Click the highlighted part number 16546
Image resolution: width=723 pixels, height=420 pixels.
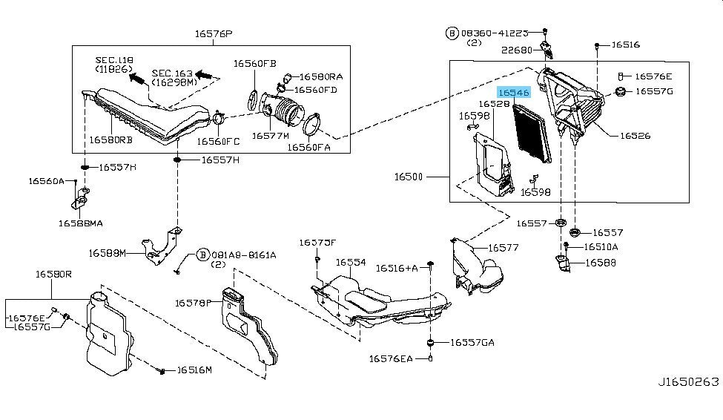(x=514, y=93)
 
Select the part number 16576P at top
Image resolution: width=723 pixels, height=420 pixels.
(x=214, y=33)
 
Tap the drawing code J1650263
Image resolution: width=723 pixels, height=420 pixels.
(x=687, y=381)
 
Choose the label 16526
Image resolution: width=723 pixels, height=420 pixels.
(x=635, y=136)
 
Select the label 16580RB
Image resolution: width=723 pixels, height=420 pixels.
(x=111, y=139)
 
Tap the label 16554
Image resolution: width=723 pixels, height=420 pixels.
(x=351, y=262)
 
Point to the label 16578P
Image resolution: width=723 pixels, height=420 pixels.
(x=194, y=302)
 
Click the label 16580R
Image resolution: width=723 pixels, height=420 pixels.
(x=53, y=274)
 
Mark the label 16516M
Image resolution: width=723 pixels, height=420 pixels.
(x=194, y=370)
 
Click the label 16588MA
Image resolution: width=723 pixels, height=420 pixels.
(x=81, y=222)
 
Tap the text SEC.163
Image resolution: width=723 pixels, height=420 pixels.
(x=172, y=73)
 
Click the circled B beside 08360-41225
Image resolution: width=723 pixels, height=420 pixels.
(x=452, y=33)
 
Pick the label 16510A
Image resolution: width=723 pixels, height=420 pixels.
(x=601, y=246)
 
